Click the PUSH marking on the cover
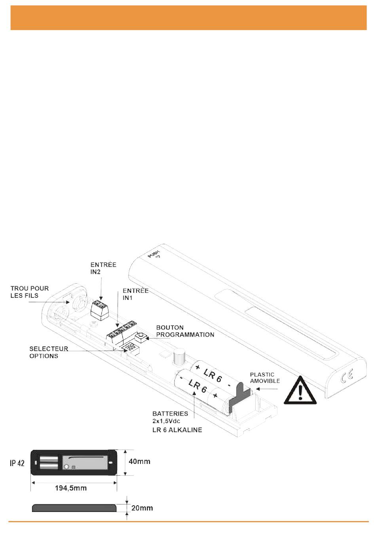click(154, 254)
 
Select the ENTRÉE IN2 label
click(103, 268)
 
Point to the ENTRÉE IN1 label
click(135, 294)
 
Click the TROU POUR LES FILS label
click(30, 292)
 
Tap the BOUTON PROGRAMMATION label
click(185, 331)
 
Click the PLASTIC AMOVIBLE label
click(265, 378)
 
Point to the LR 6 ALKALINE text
click(177, 430)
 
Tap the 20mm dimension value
click(142, 508)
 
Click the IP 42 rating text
click(17, 463)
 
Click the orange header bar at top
click(188, 18)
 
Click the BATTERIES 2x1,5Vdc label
click(170, 417)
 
